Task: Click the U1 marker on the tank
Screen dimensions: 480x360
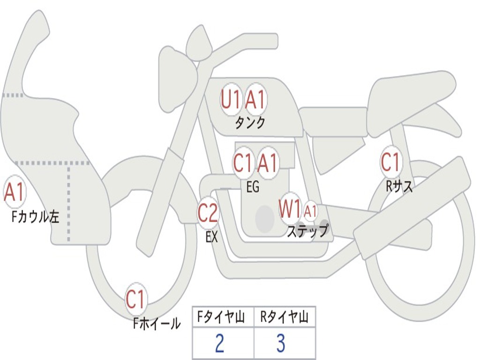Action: pyautogui.click(x=231, y=99)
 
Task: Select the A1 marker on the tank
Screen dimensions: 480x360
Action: pyautogui.click(x=255, y=99)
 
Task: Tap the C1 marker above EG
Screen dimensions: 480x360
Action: pyautogui.click(x=243, y=162)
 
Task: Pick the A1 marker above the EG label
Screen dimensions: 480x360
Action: pyautogui.click(x=267, y=162)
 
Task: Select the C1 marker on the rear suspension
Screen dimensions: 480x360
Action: pyautogui.click(x=391, y=162)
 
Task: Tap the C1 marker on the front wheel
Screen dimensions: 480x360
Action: pyautogui.click(x=135, y=299)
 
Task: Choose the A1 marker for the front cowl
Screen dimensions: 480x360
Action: pyautogui.click(x=14, y=192)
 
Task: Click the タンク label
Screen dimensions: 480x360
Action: pyautogui.click(x=250, y=123)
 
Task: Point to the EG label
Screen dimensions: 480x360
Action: pyautogui.click(x=253, y=187)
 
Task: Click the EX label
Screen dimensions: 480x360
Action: pyautogui.click(x=211, y=237)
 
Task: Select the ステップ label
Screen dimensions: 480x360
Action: pyautogui.click(x=307, y=231)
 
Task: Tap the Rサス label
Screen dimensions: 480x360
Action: pyautogui.click(x=399, y=186)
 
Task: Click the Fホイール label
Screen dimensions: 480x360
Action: pyautogui.click(x=157, y=323)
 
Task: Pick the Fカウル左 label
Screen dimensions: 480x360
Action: pyautogui.click(x=35, y=217)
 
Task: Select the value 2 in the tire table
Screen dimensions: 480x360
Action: pyautogui.click(x=219, y=343)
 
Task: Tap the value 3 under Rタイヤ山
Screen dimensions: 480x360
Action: pyautogui.click(x=281, y=343)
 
